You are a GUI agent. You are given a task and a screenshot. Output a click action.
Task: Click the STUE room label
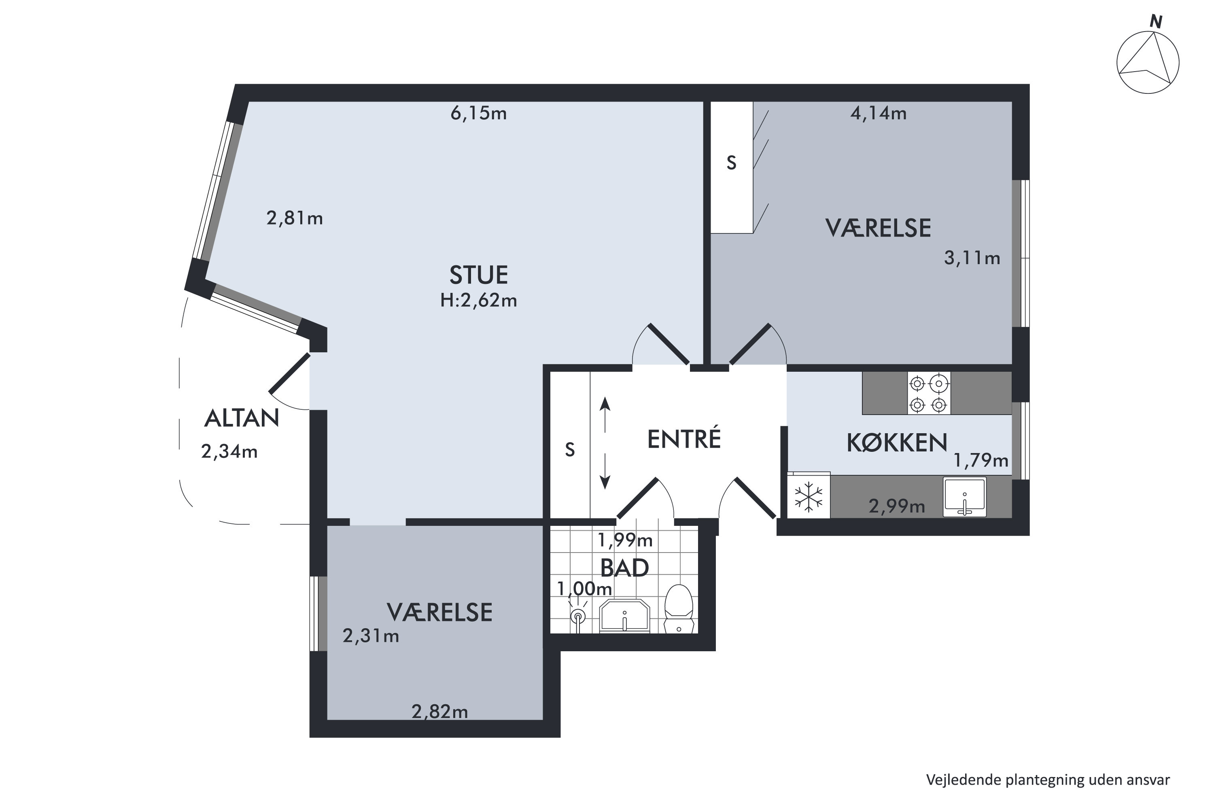tap(478, 275)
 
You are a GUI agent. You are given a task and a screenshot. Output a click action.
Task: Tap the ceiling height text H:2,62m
tap(478, 300)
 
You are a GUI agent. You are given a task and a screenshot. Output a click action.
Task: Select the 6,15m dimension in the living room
tap(478, 113)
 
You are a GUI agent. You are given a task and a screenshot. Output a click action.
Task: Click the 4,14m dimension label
tap(878, 113)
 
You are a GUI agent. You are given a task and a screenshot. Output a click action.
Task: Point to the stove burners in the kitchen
tap(928, 394)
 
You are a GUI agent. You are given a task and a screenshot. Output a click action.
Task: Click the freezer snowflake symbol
tap(808, 496)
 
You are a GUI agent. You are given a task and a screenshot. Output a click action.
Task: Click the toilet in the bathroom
tap(678, 608)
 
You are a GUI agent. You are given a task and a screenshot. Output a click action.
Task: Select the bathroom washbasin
tap(624, 616)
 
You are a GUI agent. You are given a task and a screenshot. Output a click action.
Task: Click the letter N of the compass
tap(1155, 22)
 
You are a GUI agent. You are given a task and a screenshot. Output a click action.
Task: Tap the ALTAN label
tap(242, 418)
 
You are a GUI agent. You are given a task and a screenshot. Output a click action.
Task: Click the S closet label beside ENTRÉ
tap(569, 450)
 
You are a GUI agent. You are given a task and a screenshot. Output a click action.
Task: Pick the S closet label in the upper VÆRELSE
tap(731, 163)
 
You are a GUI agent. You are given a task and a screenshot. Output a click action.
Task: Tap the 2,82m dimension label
tap(439, 712)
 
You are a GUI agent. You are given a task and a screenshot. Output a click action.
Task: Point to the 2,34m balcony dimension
tap(229, 452)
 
